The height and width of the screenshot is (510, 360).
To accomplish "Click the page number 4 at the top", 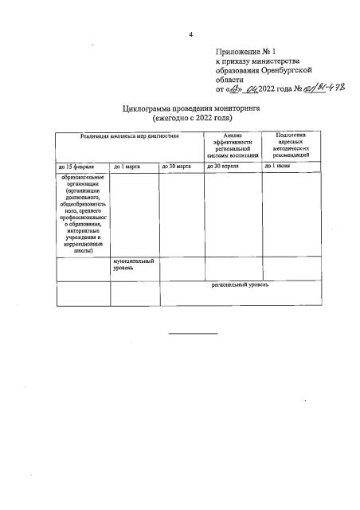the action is tap(191, 34).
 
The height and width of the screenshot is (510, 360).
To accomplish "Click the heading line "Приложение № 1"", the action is tap(243, 51).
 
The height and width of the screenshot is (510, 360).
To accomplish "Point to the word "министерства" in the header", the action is tap(275, 60).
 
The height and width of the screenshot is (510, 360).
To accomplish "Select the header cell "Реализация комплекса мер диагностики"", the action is tap(130, 136).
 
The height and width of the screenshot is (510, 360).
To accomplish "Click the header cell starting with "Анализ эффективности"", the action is tap(233, 145).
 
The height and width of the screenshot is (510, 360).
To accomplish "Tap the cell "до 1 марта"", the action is tap(127, 167).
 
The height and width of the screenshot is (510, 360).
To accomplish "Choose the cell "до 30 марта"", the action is tap(177, 167).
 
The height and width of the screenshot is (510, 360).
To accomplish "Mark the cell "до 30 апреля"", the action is tap(224, 167).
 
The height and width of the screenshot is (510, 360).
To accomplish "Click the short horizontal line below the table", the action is tap(192, 333).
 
